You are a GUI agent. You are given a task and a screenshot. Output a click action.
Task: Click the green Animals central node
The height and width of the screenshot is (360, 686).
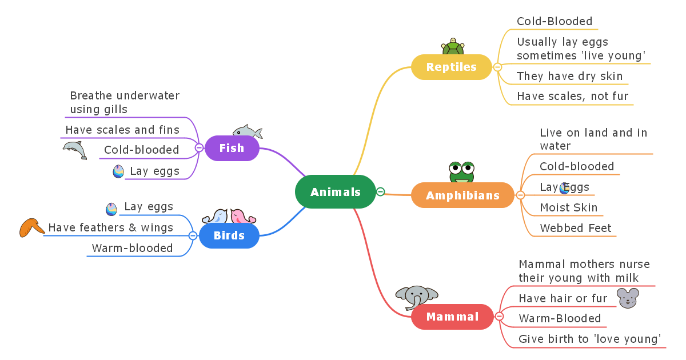(x=336, y=192)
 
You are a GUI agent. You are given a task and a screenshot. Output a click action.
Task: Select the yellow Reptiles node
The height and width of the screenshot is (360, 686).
(x=451, y=67)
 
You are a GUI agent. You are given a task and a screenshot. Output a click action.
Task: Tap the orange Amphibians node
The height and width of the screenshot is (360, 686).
(x=462, y=195)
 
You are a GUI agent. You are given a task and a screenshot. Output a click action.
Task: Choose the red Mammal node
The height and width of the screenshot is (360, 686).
(x=452, y=317)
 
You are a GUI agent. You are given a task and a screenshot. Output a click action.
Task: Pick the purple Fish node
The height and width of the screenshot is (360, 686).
(x=232, y=148)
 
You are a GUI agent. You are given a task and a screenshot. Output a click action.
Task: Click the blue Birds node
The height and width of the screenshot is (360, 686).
(x=229, y=235)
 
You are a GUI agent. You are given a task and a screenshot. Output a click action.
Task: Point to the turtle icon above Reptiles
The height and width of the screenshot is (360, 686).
(x=453, y=47)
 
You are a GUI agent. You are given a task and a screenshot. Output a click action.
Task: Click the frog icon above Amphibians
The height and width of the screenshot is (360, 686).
(x=461, y=172)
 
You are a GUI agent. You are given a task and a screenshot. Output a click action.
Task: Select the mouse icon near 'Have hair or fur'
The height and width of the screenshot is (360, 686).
(x=628, y=298)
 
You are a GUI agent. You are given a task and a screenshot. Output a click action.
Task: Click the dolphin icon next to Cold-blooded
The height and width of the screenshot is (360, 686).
(x=75, y=150)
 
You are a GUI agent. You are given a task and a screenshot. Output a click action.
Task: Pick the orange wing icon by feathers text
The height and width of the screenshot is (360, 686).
(x=31, y=227)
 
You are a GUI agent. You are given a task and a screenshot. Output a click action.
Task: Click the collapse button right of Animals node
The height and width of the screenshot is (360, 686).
(x=381, y=192)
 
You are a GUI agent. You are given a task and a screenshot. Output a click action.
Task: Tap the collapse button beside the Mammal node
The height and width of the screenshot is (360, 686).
(x=499, y=316)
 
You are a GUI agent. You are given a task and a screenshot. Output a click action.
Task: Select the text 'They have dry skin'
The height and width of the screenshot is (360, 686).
(x=569, y=76)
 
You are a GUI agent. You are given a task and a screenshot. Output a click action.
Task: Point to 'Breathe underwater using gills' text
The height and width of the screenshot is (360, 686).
(x=125, y=102)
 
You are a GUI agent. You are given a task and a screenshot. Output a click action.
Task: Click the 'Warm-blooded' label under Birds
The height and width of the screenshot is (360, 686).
(x=132, y=248)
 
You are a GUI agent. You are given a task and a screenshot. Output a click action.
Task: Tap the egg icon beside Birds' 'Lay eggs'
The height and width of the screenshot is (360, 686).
(x=111, y=209)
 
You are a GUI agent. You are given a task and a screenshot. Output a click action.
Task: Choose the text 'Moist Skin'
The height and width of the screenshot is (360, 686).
(x=568, y=207)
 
